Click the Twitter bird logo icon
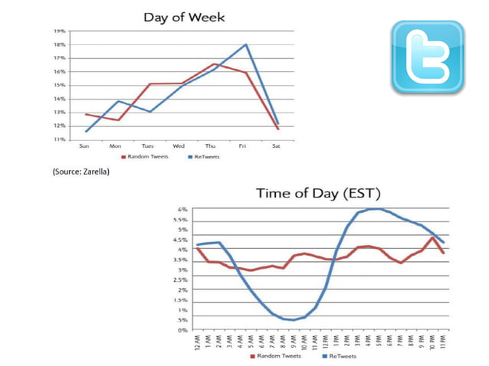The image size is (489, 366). pos(427,58)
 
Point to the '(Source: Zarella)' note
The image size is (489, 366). pos(81,172)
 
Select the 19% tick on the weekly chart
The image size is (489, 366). pos(59,31)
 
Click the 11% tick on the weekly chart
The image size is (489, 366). pos(59,140)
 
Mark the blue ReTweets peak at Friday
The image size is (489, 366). pos(246,44)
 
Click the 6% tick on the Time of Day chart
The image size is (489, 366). pos(183,209)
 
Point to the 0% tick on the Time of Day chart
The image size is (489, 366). pos(183,330)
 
